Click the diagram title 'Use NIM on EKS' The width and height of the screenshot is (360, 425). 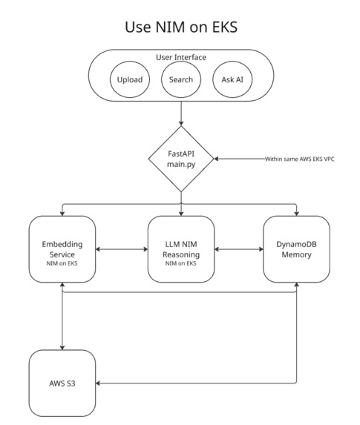[180, 27]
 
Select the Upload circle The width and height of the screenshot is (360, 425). [130, 80]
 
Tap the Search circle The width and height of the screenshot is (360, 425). [180, 80]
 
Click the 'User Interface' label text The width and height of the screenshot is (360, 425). [180, 57]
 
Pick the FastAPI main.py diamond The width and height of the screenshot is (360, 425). [180, 159]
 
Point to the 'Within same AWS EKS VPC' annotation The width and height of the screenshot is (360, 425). [300, 159]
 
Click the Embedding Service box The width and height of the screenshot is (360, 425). [62, 249]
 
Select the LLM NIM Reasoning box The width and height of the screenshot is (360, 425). [180, 249]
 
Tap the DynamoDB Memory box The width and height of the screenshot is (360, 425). [297, 249]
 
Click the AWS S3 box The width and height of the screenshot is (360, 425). [62, 383]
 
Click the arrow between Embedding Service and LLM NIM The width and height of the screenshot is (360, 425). [121, 249]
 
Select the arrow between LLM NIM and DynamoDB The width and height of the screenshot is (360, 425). [238, 249]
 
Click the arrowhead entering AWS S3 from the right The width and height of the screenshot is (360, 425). [99, 383]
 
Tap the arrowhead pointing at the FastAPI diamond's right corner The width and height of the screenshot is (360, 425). [217, 159]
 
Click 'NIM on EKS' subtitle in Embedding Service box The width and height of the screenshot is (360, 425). [62, 265]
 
